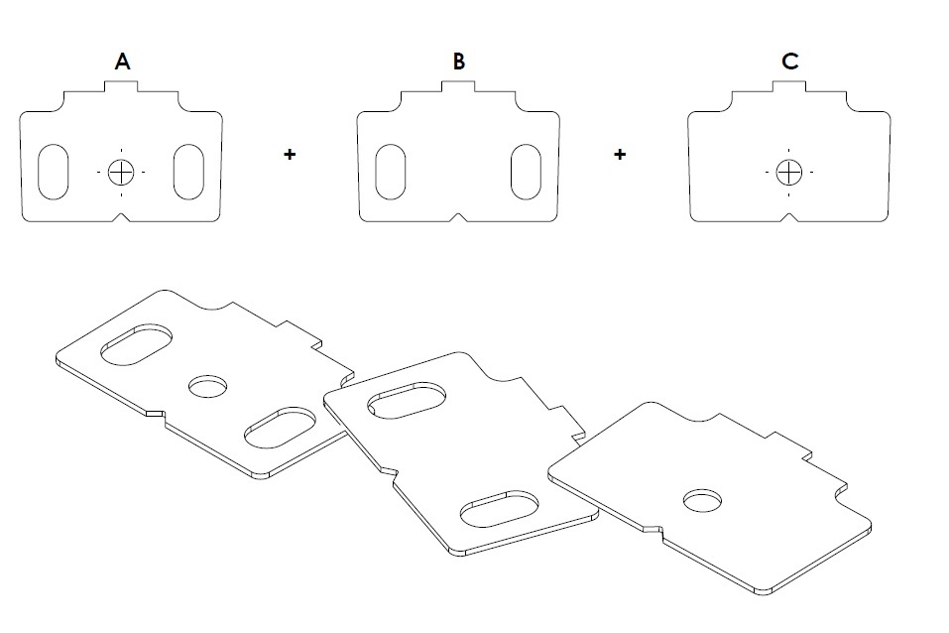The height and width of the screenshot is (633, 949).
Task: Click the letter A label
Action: point(122,62)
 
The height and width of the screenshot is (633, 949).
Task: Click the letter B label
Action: point(458,62)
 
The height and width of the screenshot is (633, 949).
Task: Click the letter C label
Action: point(789,62)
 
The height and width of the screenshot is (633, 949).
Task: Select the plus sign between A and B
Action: point(290,155)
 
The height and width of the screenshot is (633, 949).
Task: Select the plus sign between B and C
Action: point(620,155)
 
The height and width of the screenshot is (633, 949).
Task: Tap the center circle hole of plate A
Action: point(121,172)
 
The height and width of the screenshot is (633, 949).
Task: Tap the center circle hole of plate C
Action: point(788,172)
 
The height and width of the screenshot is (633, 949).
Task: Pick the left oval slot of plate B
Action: point(391,172)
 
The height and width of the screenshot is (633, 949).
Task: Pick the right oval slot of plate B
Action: point(525,172)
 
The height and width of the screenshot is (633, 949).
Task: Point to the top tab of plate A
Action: point(121,87)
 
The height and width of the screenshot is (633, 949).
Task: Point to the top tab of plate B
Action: point(458,87)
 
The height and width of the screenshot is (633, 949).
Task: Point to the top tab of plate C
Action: point(789,87)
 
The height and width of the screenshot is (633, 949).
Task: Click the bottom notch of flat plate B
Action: point(458,216)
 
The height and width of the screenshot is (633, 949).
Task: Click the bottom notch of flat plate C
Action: point(788,216)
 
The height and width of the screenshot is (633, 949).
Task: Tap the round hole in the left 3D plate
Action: point(207,384)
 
